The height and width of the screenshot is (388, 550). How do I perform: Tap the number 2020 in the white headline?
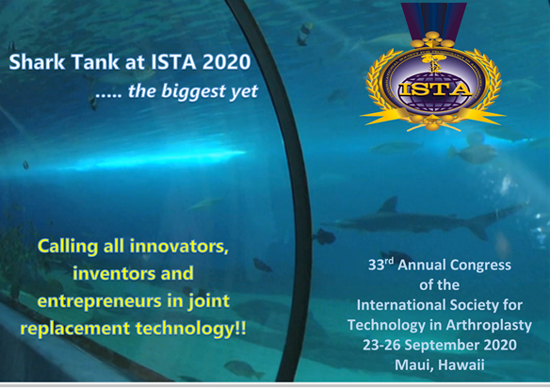coord(227,62)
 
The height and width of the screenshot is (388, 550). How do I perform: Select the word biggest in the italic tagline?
coord(192,91)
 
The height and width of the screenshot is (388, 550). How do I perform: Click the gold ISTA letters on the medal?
coord(435,89)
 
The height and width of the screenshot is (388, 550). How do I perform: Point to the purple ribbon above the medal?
coord(434,18)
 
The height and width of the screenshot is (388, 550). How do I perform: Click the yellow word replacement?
coord(75,329)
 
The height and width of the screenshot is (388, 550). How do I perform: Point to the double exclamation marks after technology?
coord(240,329)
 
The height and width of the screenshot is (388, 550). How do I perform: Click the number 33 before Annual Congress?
coord(376,266)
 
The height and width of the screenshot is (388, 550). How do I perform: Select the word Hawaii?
coord(461,364)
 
